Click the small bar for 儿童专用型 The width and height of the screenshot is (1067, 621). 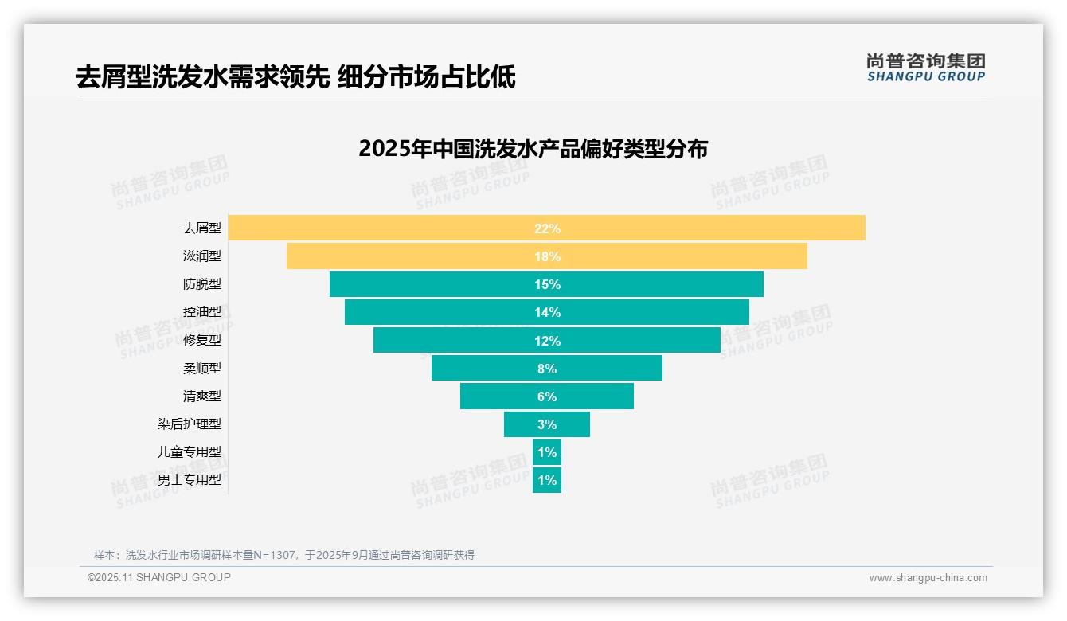[x=547, y=452]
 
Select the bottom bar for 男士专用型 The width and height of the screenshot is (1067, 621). [x=547, y=480]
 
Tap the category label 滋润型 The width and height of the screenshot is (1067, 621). [x=202, y=256]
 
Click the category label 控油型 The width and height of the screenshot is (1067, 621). [x=202, y=312]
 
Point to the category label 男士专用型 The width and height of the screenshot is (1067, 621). [x=190, y=480]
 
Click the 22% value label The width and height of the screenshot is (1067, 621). [x=547, y=228]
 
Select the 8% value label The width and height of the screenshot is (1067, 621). [x=547, y=369]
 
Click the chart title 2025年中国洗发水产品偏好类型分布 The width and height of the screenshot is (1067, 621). [x=533, y=149]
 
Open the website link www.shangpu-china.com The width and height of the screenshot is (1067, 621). [x=928, y=578]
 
